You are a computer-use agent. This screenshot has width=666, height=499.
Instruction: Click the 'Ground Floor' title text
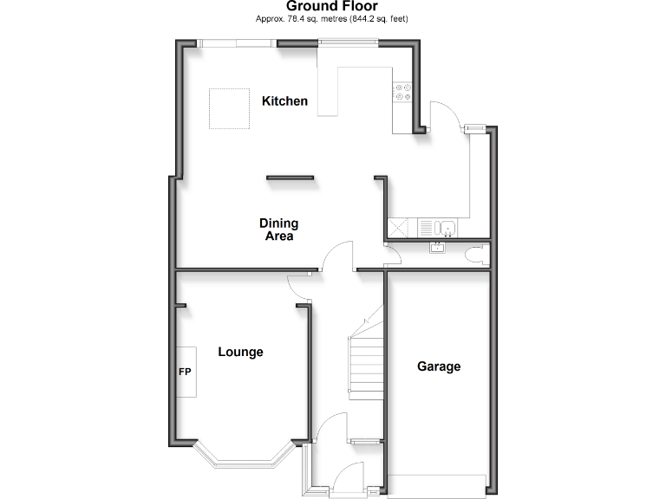pos(333,6)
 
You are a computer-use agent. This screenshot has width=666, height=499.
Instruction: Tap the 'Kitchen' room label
pos(284,101)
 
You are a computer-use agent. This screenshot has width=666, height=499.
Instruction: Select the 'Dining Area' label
pos(278,230)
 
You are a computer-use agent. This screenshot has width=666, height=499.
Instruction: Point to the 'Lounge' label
pos(240,353)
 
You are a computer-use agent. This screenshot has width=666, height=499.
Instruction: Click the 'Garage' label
pos(439,366)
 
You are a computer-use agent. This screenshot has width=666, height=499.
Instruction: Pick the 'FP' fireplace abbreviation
pos(184,372)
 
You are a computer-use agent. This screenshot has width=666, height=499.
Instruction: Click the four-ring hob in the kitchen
pos(403,92)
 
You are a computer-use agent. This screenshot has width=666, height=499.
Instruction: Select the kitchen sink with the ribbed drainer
pos(439,229)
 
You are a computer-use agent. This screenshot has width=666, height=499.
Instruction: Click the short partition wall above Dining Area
pos(291,178)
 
